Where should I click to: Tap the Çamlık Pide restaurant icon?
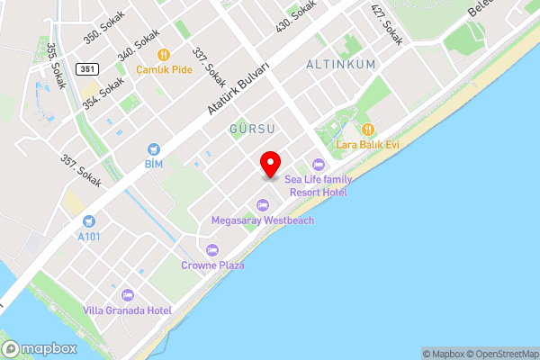(x=164, y=54)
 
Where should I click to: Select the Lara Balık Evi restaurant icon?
(x=367, y=129)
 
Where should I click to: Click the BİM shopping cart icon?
(x=154, y=148)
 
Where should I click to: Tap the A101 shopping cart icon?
(x=88, y=221)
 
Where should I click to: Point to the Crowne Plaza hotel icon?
(x=212, y=250)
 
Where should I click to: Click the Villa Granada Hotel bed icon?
(x=127, y=294)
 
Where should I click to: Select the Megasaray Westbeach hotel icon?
(x=262, y=204)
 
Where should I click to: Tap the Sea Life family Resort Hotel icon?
(x=318, y=164)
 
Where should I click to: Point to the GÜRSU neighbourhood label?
(x=251, y=130)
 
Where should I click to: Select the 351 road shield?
(x=85, y=68)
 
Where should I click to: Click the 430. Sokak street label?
(x=298, y=17)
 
